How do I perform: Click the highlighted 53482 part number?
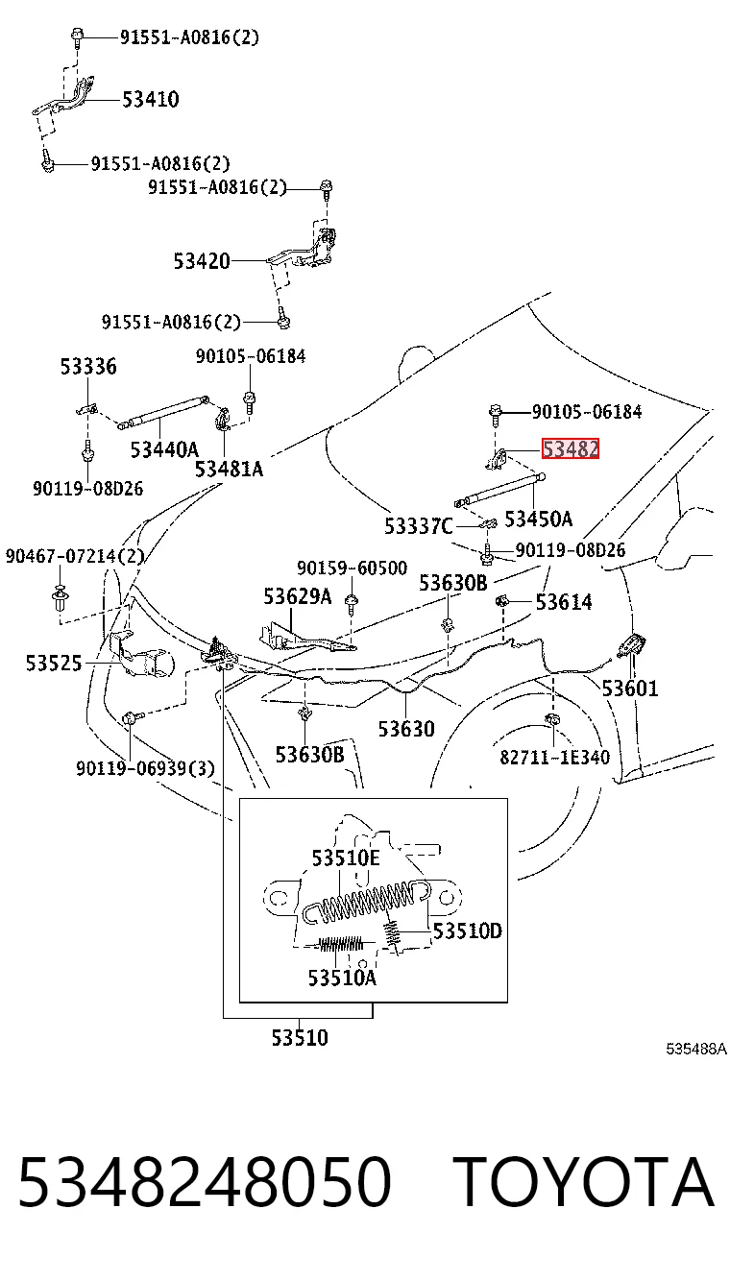tap(571, 448)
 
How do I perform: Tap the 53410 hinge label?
tap(151, 100)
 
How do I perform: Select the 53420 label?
tap(202, 261)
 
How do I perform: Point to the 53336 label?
tap(88, 367)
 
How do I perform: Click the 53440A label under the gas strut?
tap(164, 450)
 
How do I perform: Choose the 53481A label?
tap(229, 470)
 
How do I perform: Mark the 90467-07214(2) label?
tap(75, 556)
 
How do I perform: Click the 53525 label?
tap(55, 664)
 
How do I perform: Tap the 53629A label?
tap(298, 596)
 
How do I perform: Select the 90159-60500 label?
tap(352, 568)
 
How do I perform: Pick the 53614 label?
tap(564, 602)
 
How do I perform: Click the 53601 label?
tap(630, 689)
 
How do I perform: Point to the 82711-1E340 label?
tap(555, 757)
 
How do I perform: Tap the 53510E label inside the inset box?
tap(346, 858)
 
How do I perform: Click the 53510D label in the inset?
tap(468, 931)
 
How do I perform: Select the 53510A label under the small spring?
tap(342, 978)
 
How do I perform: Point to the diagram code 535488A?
tap(696, 1049)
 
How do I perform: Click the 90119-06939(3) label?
tap(145, 768)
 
